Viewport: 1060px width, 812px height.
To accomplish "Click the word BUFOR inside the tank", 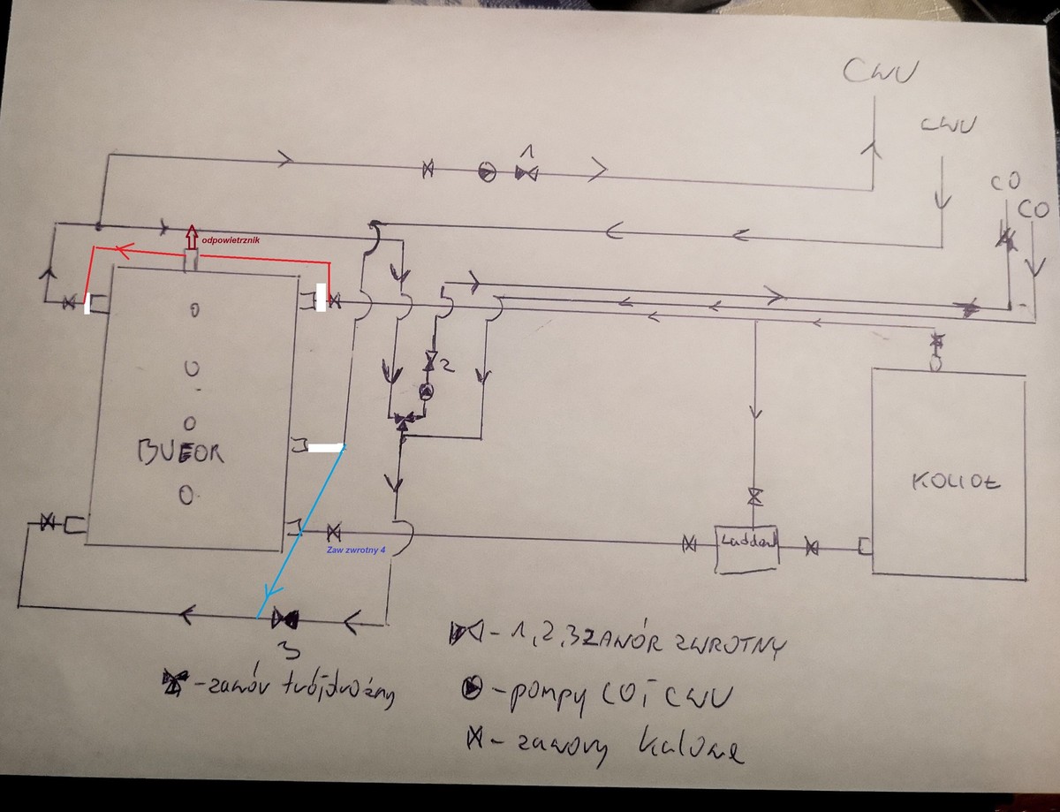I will coord(181,453).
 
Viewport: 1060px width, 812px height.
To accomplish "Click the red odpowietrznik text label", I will coord(231,239).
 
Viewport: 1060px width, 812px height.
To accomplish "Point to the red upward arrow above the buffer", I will coord(192,239).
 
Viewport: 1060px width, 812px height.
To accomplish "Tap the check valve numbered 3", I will coord(285,616).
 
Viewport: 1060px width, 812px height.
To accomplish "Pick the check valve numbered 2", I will coord(432,362).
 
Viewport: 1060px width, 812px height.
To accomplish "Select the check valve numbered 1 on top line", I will coord(527,171).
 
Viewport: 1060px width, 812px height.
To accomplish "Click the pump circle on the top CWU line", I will coord(487,171).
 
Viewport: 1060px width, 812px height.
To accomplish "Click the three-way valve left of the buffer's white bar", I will coord(404,421).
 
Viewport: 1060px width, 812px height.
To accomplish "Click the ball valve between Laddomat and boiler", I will coord(812,548).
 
